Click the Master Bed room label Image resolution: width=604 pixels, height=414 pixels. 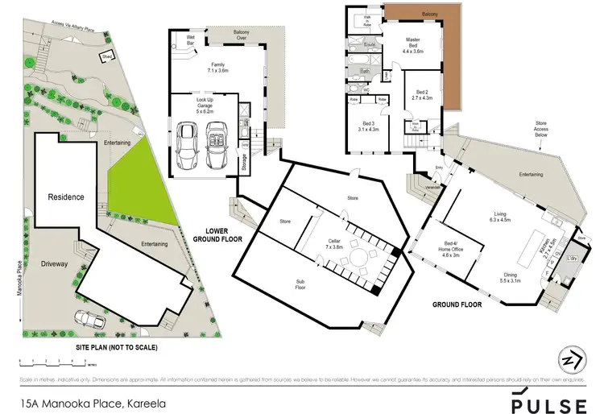tap(412, 44)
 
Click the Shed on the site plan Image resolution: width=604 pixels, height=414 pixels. tap(105, 56)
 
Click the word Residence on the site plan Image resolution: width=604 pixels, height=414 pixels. tap(66, 197)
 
